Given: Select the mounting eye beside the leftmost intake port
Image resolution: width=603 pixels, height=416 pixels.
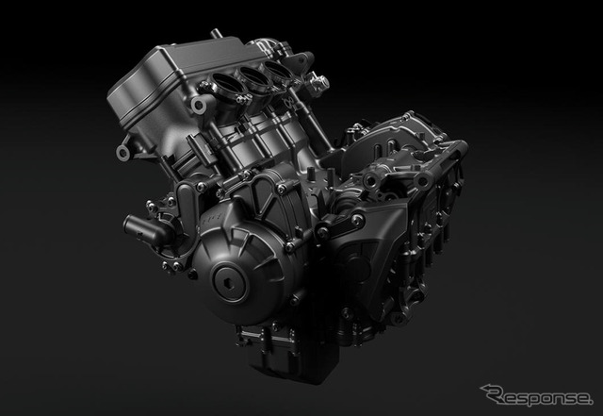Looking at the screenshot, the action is [199, 105].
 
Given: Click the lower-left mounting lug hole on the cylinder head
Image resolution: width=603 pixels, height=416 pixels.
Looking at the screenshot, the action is [123, 152].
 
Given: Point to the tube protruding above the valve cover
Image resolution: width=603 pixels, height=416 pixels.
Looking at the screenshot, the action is [216, 34].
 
